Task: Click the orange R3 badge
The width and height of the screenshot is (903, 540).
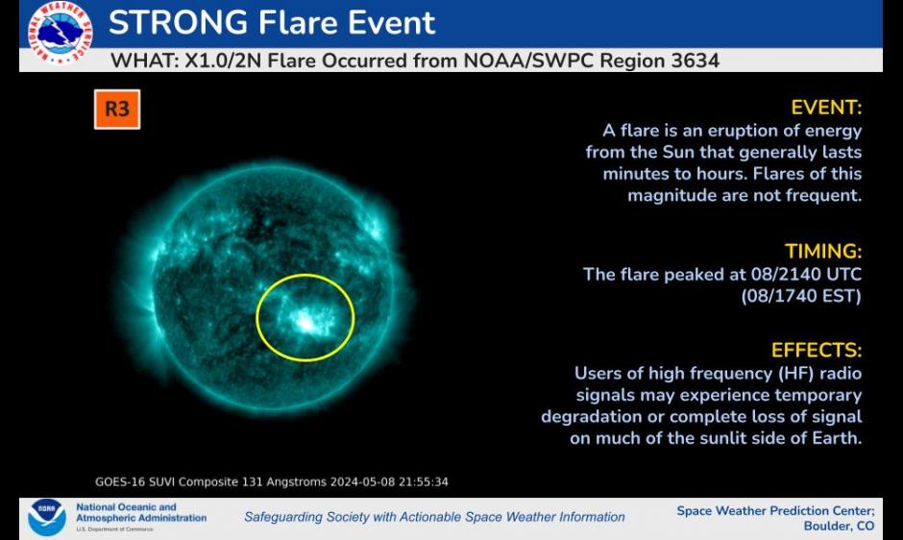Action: tap(117, 109)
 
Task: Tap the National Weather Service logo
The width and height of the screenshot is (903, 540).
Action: tap(60, 33)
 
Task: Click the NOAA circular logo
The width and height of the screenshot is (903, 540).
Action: tap(47, 518)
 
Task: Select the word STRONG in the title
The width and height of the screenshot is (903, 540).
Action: tap(178, 22)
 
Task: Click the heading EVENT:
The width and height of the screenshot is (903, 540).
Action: tap(826, 108)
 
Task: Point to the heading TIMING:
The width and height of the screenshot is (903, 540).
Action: tap(823, 252)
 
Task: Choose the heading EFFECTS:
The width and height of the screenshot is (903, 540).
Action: tap(817, 351)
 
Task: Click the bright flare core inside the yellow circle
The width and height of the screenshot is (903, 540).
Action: tap(305, 320)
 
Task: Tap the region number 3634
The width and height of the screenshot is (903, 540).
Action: tap(696, 61)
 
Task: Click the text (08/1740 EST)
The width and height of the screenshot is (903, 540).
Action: tap(801, 296)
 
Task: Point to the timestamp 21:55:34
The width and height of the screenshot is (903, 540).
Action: tap(424, 481)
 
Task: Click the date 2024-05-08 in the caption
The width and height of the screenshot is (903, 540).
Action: tap(362, 481)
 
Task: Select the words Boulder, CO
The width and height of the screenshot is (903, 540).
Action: tap(839, 527)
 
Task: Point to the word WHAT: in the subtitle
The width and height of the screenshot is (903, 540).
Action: tap(144, 61)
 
